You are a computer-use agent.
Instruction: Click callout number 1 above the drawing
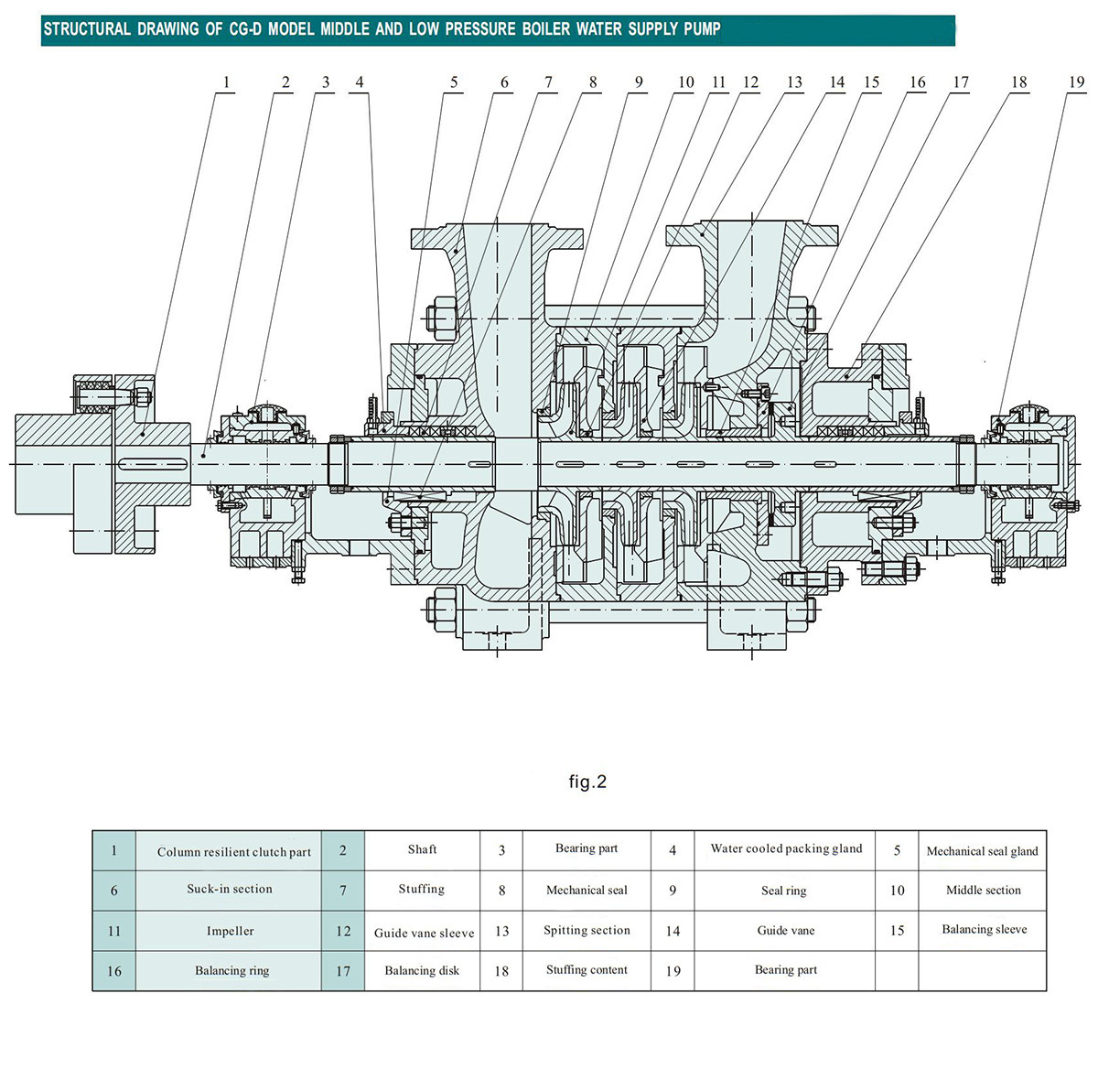(226, 82)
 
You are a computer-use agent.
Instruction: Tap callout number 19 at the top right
(1077, 82)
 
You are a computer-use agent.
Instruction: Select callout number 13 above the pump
(794, 82)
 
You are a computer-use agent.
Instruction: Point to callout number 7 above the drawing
(548, 82)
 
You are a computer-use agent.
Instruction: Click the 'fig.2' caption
(587, 782)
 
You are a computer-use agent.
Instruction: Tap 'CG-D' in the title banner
(245, 28)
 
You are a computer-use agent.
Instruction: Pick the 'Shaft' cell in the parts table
(422, 849)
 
